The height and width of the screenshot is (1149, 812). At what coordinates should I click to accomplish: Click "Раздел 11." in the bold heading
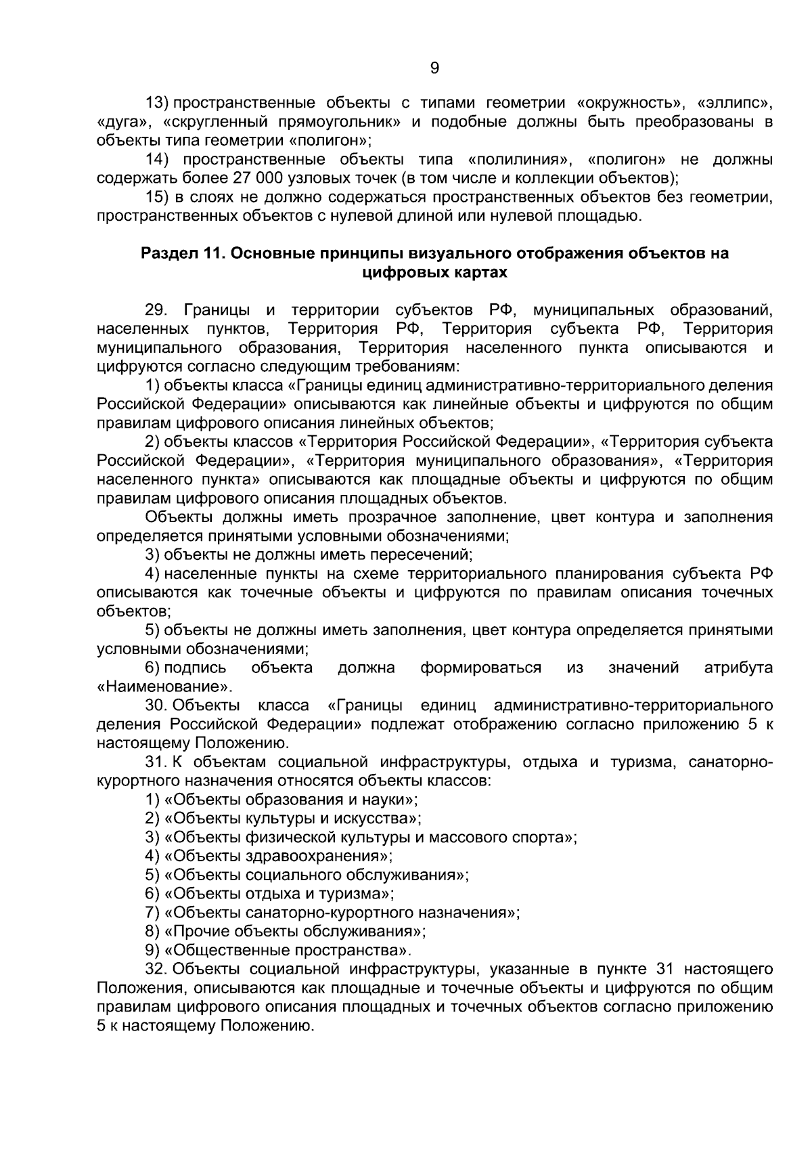click(x=181, y=254)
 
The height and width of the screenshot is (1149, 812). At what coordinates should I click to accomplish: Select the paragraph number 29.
click(x=156, y=311)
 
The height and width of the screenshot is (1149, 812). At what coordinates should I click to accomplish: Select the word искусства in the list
click(x=381, y=819)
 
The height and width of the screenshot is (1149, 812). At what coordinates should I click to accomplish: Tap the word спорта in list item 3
click(x=544, y=838)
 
